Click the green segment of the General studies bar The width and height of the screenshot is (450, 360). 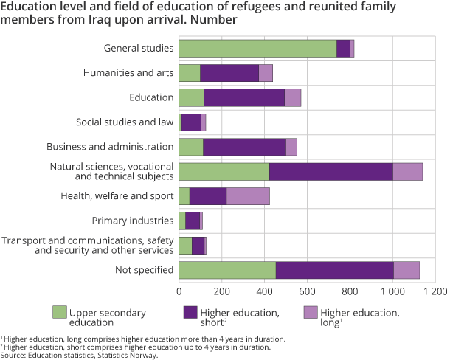[x=257, y=49]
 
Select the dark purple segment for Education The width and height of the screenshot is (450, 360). [x=244, y=97]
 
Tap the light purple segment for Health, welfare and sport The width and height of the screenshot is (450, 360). [x=248, y=196]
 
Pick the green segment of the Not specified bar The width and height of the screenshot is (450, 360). [x=227, y=270]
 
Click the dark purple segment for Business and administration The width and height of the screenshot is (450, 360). [x=244, y=147]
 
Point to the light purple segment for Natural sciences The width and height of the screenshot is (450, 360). [x=407, y=172]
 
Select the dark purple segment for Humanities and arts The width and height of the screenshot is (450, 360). [x=229, y=73]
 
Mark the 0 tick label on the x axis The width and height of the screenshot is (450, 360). [x=179, y=291]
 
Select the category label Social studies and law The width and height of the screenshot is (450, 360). [x=125, y=122]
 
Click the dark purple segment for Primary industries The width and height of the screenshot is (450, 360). [x=193, y=221]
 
